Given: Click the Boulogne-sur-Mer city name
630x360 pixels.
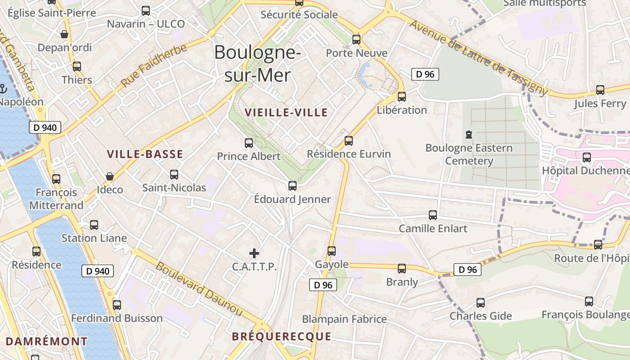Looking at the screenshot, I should (x=258, y=63).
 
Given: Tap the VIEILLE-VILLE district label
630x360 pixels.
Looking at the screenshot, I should (x=286, y=112).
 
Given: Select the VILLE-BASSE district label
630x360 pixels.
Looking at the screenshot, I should (x=145, y=154).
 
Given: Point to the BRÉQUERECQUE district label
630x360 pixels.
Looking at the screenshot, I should (x=282, y=337).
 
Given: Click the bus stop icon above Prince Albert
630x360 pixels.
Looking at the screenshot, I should (x=249, y=143).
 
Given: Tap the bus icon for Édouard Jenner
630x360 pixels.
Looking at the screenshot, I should (x=292, y=185).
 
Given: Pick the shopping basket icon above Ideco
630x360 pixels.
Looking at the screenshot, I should (x=109, y=176).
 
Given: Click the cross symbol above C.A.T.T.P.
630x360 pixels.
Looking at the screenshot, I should (x=254, y=253).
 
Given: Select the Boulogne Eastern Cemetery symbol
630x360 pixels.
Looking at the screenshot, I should (x=469, y=135).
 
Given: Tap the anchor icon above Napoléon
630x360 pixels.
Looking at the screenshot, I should (x=4, y=89).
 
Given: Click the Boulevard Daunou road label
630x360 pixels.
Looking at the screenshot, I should (x=198, y=288).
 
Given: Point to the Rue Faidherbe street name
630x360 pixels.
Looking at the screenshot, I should (x=153, y=65).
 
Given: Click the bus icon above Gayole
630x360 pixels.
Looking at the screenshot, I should (x=332, y=251).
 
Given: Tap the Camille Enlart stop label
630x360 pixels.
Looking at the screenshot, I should (x=433, y=228).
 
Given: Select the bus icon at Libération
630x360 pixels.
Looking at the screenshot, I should (x=402, y=96).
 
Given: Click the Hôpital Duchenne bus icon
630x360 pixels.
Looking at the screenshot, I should (x=587, y=157).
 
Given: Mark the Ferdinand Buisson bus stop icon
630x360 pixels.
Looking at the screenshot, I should (x=117, y=305).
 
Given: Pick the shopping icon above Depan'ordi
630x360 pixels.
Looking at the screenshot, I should (x=64, y=34).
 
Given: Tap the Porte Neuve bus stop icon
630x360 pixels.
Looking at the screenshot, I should (x=356, y=40).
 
